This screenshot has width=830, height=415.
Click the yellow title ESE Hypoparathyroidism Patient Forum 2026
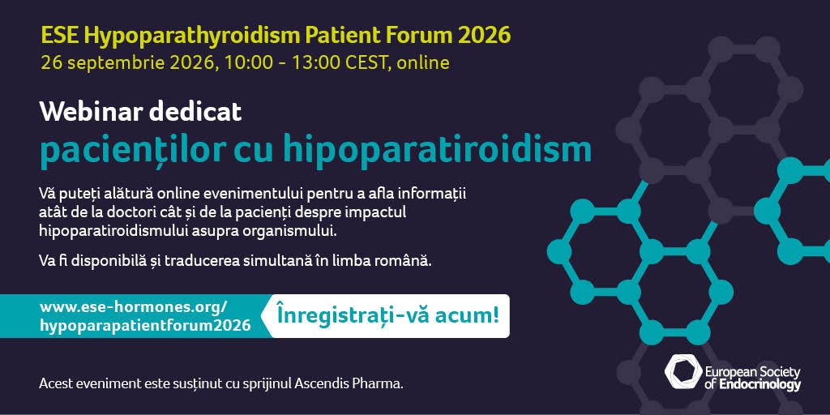[276, 36]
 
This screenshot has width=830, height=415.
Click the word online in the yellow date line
[423, 63]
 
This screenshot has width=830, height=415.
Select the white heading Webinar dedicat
[141, 112]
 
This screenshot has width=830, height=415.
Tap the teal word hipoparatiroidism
[437, 150]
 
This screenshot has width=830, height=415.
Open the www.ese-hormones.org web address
[134, 306]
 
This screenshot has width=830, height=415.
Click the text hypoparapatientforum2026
[146, 326]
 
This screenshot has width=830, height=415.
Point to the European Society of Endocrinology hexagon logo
[683, 371]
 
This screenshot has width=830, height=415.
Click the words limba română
[395, 262]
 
